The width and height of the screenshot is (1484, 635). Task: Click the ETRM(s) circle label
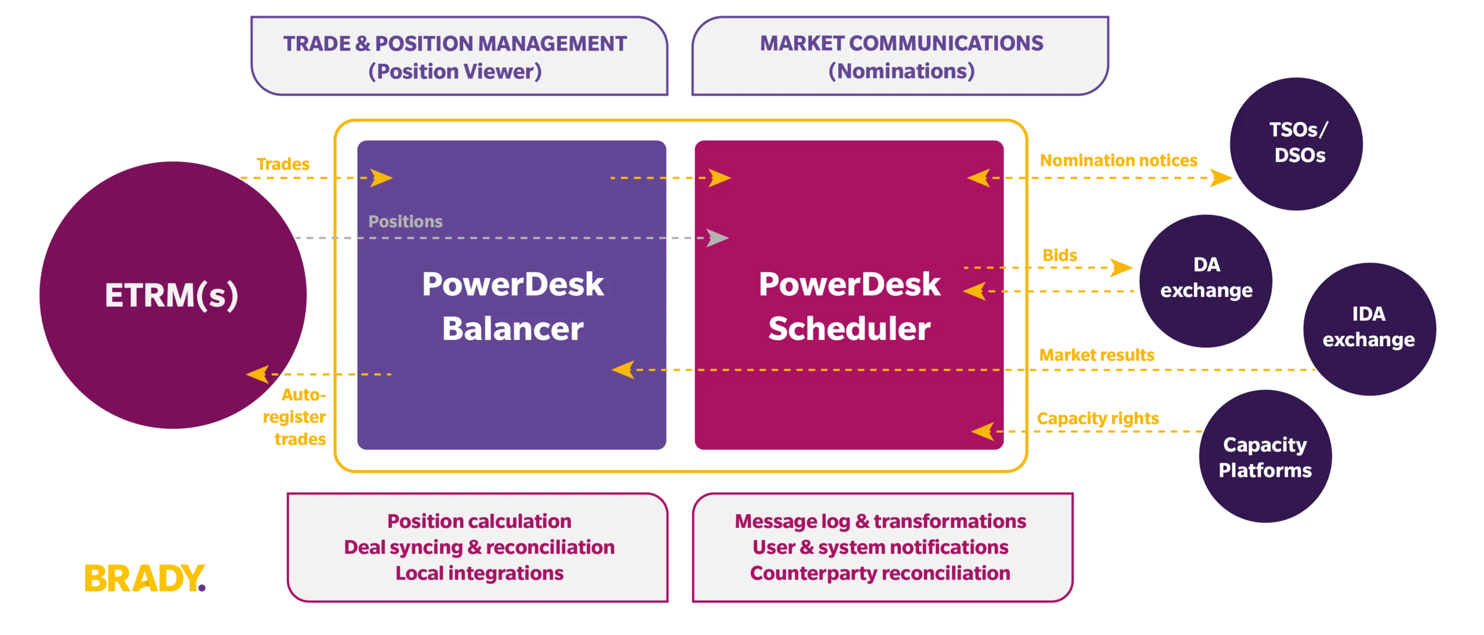click(172, 295)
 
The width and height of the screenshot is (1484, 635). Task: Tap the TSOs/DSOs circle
click(1297, 143)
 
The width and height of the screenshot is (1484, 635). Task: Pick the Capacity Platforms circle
click(1265, 458)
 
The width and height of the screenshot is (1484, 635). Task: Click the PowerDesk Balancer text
click(512, 306)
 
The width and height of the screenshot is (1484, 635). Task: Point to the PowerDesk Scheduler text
click(849, 306)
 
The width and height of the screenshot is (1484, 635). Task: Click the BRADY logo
click(145, 578)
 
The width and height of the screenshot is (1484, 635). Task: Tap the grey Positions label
click(405, 222)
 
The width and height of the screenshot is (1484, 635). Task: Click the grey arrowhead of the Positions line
click(718, 238)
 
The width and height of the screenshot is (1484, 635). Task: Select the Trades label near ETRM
click(283, 164)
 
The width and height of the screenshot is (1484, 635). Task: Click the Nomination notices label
click(1119, 160)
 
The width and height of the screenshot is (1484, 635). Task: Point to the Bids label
click(1060, 255)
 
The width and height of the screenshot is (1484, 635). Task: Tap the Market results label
click(1097, 354)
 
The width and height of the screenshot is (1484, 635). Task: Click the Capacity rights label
click(1097, 418)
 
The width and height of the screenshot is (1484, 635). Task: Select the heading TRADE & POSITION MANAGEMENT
click(455, 43)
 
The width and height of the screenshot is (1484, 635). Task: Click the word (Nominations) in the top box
click(901, 71)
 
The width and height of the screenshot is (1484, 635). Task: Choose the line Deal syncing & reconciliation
click(479, 547)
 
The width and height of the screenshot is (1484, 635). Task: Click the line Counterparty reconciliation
click(880, 573)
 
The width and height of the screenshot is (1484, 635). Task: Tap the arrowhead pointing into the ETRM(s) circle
click(258, 374)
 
